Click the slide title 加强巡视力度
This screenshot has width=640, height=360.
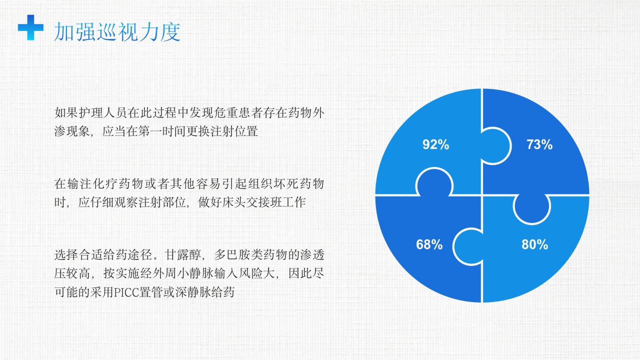(x=117, y=31)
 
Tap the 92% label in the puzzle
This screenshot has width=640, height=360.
(x=435, y=145)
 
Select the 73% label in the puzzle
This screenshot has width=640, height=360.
(x=539, y=145)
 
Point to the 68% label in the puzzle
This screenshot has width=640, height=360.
(x=429, y=245)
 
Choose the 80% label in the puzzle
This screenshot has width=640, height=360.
(x=534, y=245)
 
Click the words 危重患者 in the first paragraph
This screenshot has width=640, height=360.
(x=234, y=112)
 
